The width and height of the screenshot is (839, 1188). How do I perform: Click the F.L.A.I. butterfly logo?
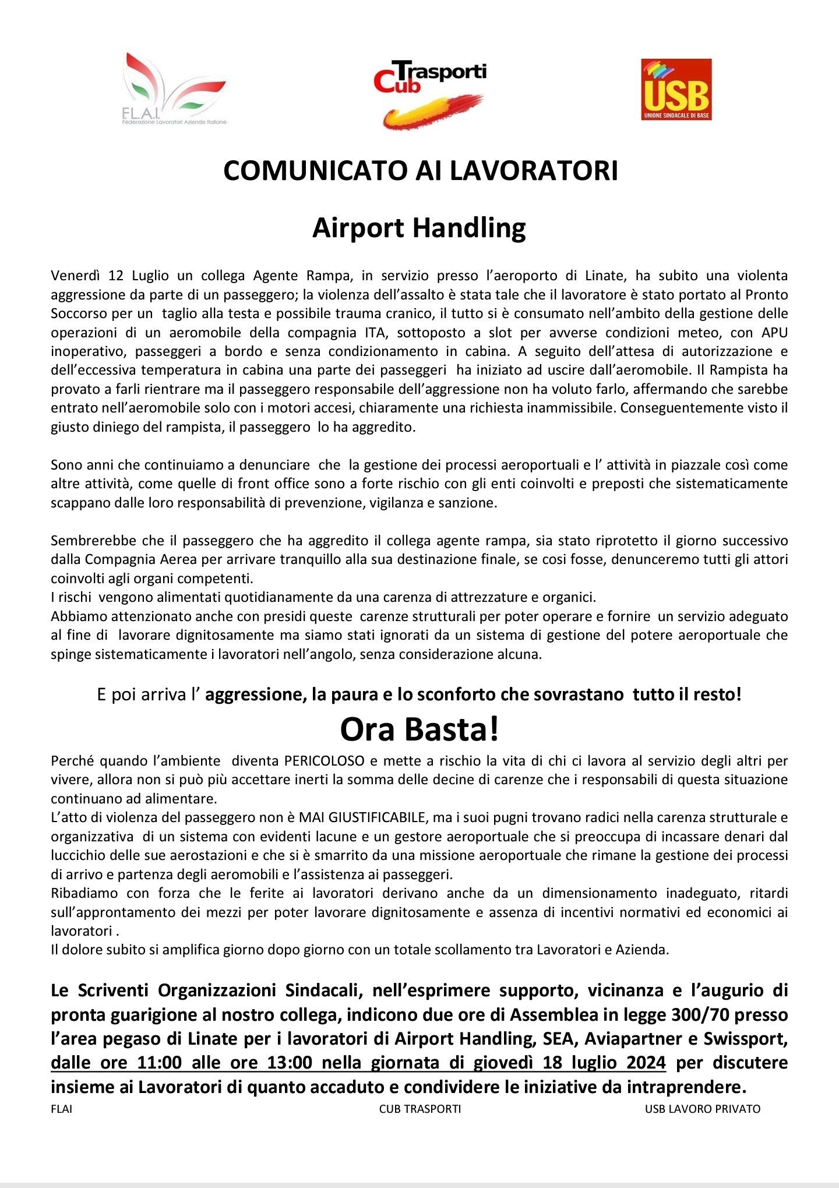(175, 89)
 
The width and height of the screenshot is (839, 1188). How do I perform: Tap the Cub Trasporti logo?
(430, 93)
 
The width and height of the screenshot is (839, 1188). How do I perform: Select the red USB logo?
(676, 89)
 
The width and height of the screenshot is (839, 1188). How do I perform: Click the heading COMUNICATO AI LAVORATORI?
(420, 171)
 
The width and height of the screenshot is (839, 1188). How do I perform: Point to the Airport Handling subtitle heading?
(419, 228)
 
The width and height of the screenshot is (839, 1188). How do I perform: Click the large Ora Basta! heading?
(419, 729)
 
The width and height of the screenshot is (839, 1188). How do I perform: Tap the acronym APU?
(774, 332)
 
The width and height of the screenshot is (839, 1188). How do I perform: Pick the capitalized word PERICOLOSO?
(324, 760)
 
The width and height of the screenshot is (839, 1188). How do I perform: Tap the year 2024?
(646, 1063)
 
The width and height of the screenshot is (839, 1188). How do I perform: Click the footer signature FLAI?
(62, 1109)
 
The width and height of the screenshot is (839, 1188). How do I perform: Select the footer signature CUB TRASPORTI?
(419, 1109)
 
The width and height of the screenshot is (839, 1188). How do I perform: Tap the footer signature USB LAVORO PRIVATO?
(702, 1109)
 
